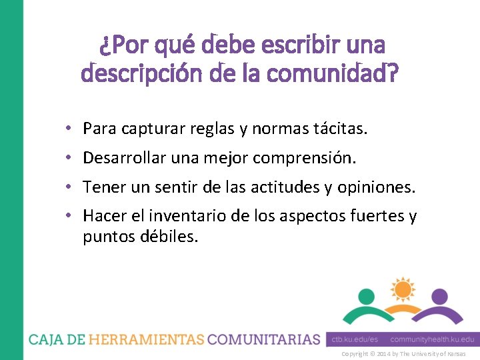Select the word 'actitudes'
tap(286, 188)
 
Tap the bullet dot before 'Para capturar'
tap(69, 128)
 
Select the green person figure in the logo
tap(367, 307)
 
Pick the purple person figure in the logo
tap(438, 307)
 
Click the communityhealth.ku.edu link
tap(433, 339)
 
